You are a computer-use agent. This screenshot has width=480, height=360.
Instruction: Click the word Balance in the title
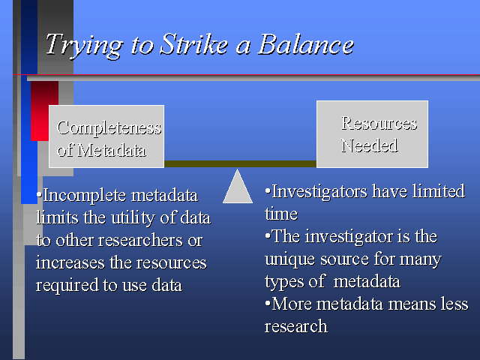(305, 44)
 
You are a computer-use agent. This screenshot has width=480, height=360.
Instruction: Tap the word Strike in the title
(193, 44)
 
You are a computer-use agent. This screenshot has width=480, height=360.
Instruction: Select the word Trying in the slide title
(85, 46)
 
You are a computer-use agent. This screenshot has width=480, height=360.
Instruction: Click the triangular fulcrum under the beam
(238, 187)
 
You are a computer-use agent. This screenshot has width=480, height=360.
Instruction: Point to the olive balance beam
(240, 163)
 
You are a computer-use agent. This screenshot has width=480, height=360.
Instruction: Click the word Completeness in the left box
(109, 128)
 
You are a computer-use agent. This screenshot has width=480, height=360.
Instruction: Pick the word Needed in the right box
(370, 145)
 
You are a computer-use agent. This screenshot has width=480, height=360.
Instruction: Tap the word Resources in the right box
(379, 123)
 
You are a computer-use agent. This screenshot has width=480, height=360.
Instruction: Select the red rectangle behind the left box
(44, 111)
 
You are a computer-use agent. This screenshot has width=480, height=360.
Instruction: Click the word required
(67, 285)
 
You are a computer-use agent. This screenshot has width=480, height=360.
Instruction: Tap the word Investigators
(319, 193)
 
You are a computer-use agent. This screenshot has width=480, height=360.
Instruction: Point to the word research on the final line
(296, 326)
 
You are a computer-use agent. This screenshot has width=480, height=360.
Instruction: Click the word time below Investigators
(281, 214)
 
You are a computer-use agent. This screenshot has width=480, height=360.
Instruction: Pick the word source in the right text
(345, 259)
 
